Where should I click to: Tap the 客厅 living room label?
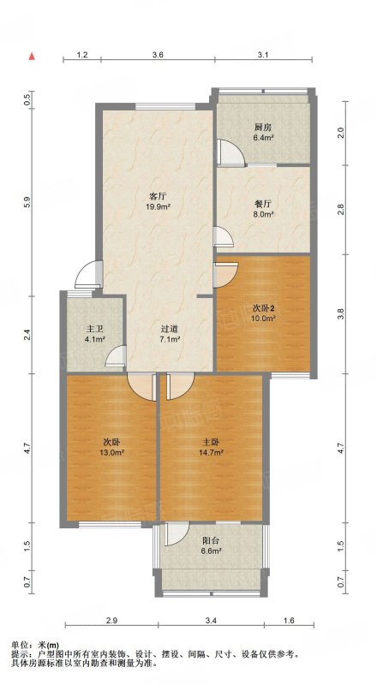(158, 196)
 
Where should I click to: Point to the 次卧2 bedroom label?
(264, 307)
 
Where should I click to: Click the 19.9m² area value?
(158, 206)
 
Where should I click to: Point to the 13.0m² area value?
(112, 453)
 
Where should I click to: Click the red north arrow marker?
(32, 57)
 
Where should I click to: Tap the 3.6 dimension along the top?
(158, 55)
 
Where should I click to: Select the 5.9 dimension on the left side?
(27, 203)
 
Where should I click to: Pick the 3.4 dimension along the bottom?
(212, 620)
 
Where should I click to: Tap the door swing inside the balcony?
(177, 533)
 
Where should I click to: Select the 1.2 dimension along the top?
(82, 55)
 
